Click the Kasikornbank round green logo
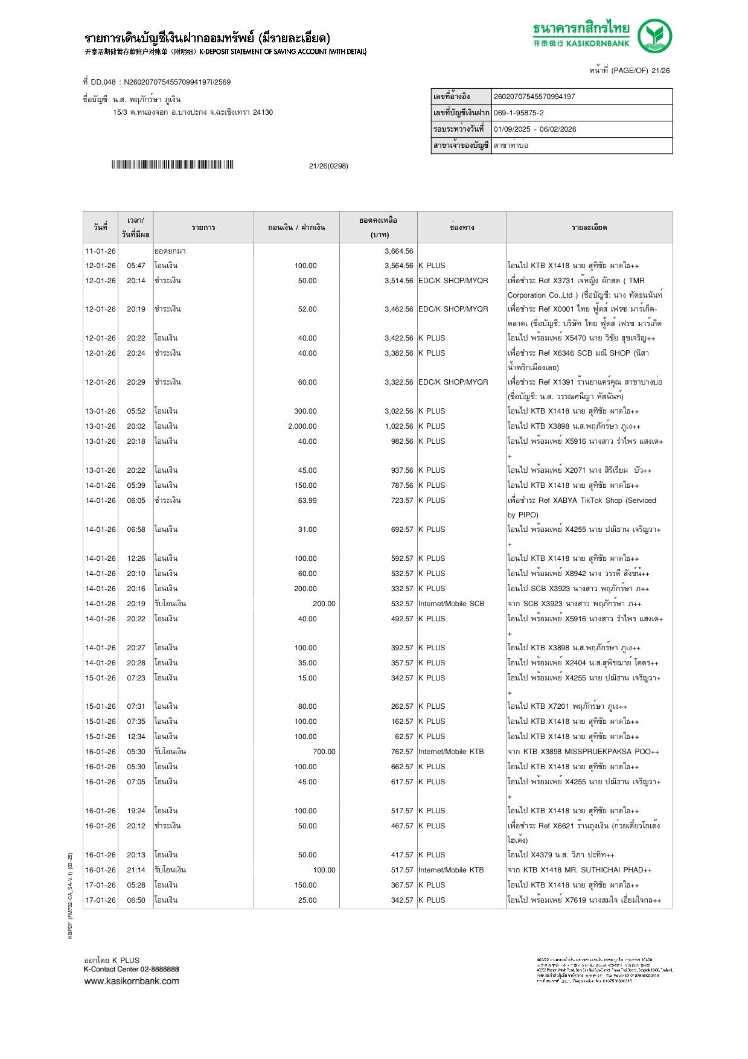(655, 36)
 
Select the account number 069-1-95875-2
(519, 113)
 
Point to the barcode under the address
(172, 165)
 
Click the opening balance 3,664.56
(398, 251)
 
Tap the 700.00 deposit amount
(324, 752)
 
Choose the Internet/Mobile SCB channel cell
(451, 604)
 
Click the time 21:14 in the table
(136, 870)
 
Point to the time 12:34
(136, 737)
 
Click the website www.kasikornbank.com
(131, 981)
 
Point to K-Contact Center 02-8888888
(131, 969)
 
